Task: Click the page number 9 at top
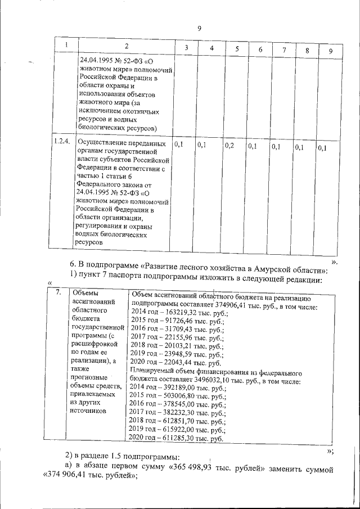tap(199, 29)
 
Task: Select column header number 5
tap(237, 49)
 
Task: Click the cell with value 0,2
tap(229, 146)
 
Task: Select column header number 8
tap(307, 51)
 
